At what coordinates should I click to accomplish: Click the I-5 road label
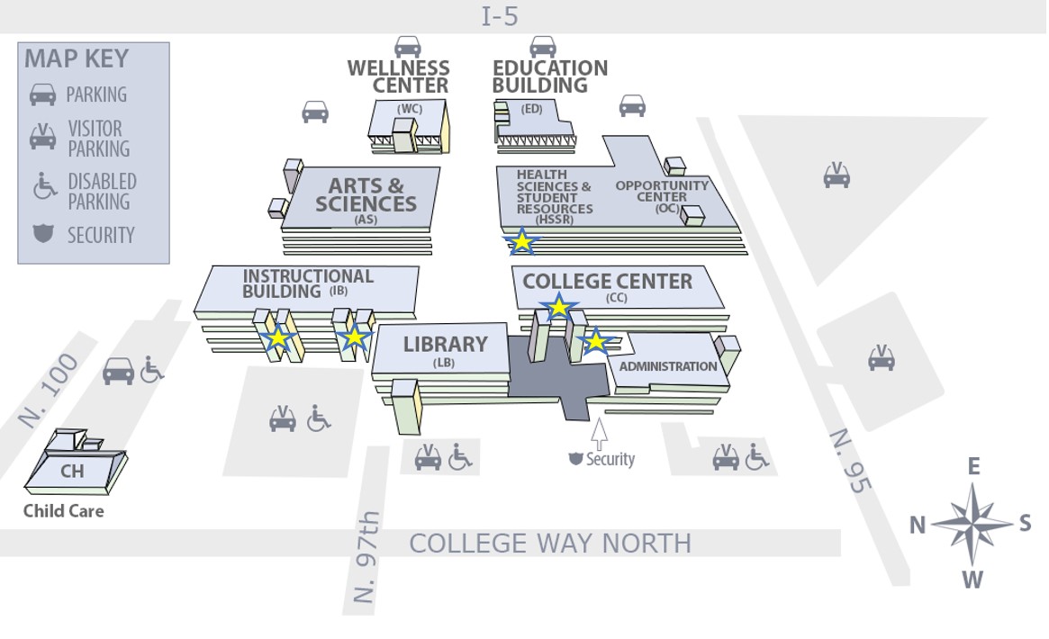pos(500,16)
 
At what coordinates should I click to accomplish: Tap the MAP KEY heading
pos(77,59)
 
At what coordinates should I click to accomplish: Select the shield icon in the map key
pos(42,234)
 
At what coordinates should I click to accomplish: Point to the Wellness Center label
pos(398,76)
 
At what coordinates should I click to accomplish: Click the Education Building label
pos(549,76)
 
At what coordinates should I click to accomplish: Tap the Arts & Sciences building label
pos(366,195)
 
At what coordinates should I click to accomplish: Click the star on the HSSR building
pos(522,240)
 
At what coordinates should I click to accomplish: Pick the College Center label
pos(608,282)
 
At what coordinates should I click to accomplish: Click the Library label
pos(445,345)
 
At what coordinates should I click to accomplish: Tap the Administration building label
pos(668,366)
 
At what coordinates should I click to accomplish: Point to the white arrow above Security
pos(600,433)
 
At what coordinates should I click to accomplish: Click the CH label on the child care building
pos(72,471)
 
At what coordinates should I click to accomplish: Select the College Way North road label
pos(550,544)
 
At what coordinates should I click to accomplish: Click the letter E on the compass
pos(973,466)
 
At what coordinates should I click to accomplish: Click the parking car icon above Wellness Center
pos(408,46)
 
